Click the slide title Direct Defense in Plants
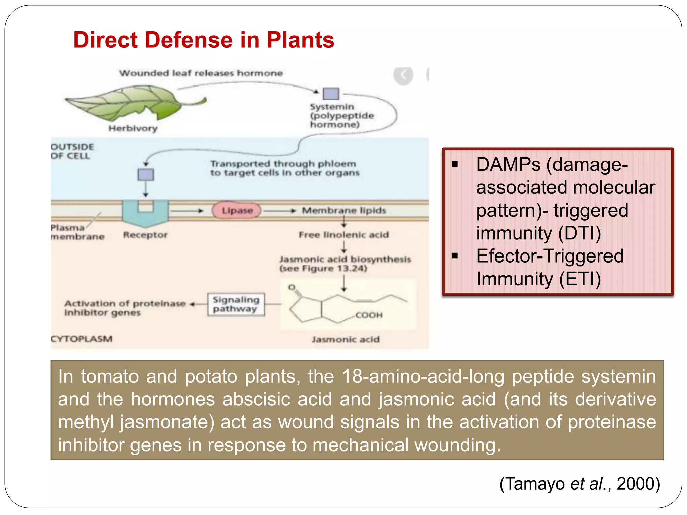pos(204,40)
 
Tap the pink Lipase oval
pos(237,211)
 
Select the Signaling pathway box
pos(235,304)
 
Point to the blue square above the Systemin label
pos(331,94)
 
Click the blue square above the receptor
pos(146,175)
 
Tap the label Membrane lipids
pos(344,211)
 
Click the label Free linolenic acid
pos(343,235)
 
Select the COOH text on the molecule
pos(369,315)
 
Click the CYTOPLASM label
pos(82,339)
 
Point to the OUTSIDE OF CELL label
pos(72,151)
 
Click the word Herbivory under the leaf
pos(133,128)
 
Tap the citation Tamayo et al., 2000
pos(579,484)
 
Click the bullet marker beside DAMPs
pos(455,164)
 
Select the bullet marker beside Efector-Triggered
pos(455,256)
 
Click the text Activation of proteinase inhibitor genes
pos(124,308)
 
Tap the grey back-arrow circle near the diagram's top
pos(403,75)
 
